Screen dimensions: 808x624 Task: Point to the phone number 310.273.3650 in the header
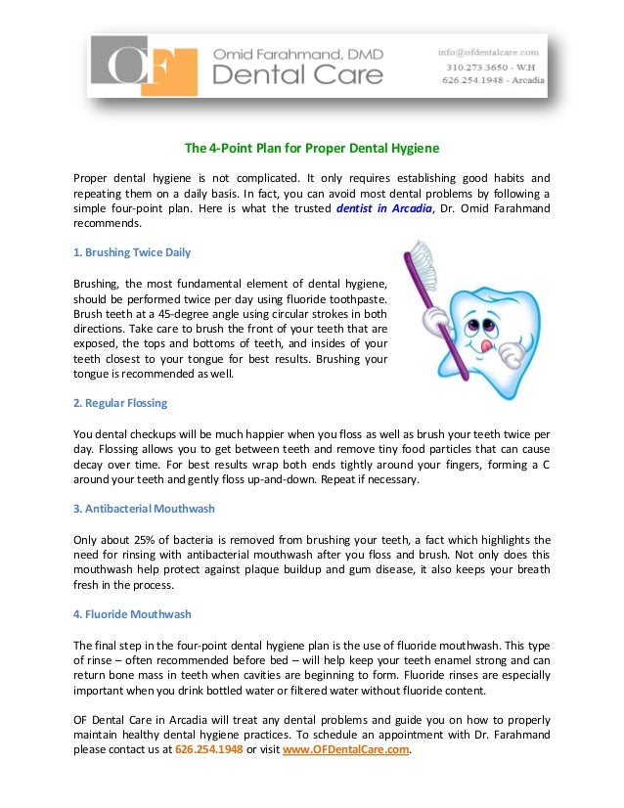pos(473,66)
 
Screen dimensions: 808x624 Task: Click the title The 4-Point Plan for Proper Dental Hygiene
pos(312,149)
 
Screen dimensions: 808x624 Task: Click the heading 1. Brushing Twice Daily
pos(132,252)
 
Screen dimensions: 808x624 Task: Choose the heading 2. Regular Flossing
pos(120,403)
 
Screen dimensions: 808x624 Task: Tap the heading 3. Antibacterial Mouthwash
pos(144,509)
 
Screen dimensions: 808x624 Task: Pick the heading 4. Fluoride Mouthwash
pos(132,614)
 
